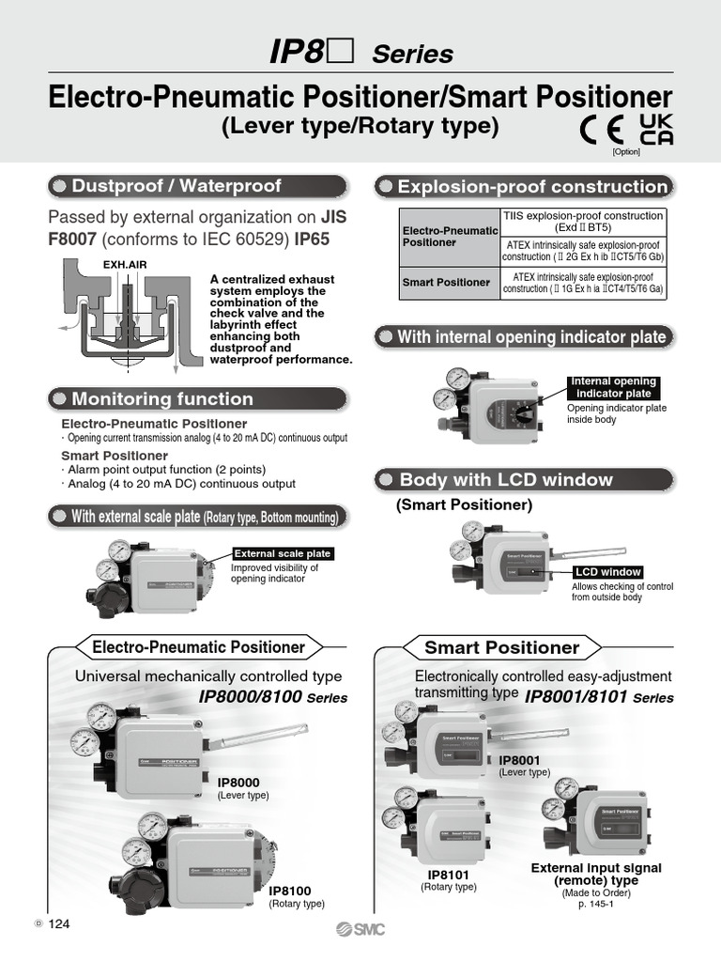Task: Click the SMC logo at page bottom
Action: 360,929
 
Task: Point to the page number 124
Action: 59,924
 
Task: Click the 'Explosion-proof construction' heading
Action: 531,187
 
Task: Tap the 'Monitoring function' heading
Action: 162,398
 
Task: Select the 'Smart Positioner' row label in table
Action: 446,282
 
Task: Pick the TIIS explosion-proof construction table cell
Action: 583,221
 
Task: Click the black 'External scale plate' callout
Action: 282,554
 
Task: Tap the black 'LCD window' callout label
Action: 608,571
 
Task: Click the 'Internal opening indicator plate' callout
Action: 613,387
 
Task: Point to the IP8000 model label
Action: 238,782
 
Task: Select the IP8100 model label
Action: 290,891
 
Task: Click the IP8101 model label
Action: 448,874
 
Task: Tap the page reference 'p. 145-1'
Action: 596,905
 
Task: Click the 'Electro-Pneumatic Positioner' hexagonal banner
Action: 198,647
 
